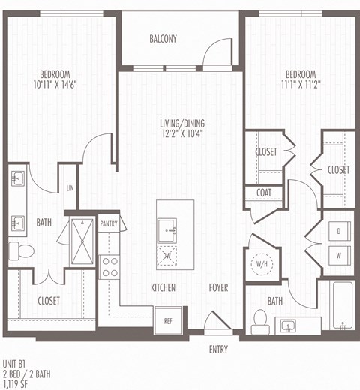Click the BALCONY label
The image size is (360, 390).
pyautogui.click(x=163, y=39)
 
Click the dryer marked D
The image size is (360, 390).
pyautogui.click(x=338, y=232)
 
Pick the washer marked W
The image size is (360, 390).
pyautogui.click(x=338, y=255)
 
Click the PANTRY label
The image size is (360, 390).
pyautogui.click(x=109, y=223)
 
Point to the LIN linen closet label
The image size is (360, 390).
pyautogui.click(x=69, y=188)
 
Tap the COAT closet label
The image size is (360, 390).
pyautogui.click(x=263, y=193)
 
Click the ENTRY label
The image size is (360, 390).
pyautogui.click(x=219, y=349)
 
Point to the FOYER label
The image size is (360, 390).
pyautogui.click(x=218, y=287)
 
